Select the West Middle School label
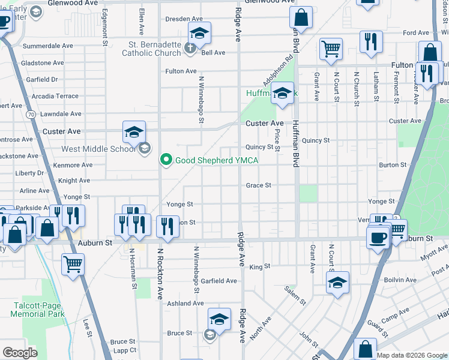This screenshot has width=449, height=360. tap(100, 149)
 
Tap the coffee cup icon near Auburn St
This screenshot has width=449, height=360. tap(378, 238)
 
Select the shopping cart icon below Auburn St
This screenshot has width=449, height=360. tap(73, 263)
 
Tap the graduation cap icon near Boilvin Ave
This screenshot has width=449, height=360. tap(337, 282)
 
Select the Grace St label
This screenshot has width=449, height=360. tap(259, 185)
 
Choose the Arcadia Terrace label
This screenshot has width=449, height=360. tap(55, 96)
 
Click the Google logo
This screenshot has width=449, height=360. tap(20, 353)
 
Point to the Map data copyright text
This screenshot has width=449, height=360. tap(412, 355)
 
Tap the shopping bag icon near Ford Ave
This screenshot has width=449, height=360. tap(430, 53)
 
